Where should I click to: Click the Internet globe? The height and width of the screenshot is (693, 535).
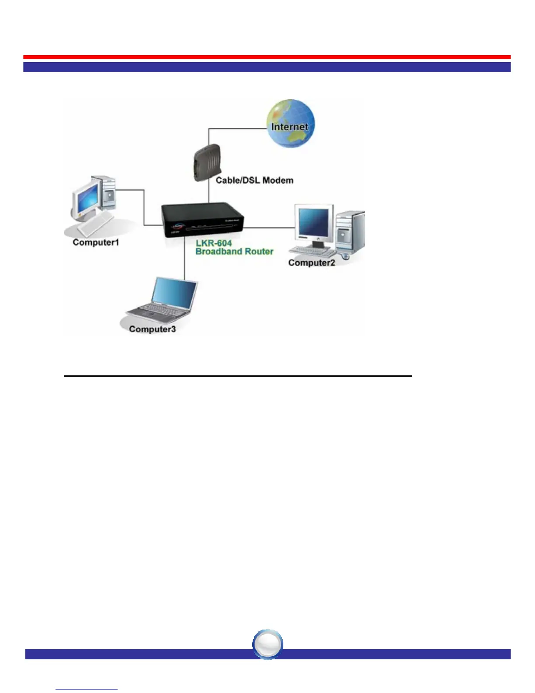tap(291, 123)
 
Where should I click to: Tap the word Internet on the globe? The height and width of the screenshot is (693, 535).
tap(289, 127)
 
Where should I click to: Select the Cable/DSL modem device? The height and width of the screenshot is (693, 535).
tap(207, 162)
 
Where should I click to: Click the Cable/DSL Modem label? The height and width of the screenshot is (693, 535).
tap(254, 180)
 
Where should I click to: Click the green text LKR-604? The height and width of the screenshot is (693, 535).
tap(214, 243)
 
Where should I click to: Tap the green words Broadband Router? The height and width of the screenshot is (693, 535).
tap(234, 252)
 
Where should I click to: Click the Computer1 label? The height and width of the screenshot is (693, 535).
tap(96, 242)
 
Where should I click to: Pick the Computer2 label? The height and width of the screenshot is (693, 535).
tap(312, 263)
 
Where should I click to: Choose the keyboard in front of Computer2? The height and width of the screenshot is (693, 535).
tap(312, 251)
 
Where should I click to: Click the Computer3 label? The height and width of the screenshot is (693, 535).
tap(153, 329)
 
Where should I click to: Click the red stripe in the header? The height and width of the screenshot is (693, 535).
tap(267, 57)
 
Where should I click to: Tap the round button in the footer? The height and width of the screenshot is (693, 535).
tap(268, 644)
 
